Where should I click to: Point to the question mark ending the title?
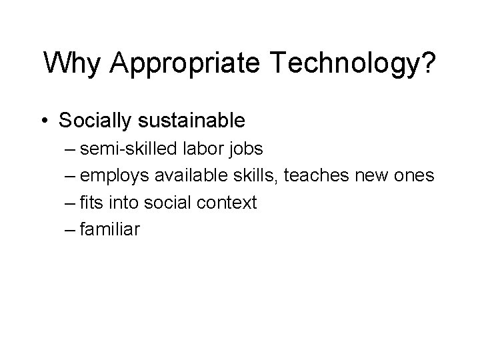pos(428,65)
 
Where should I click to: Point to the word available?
pos(189,176)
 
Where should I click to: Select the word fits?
pos(89,203)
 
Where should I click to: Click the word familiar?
pos(109,230)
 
